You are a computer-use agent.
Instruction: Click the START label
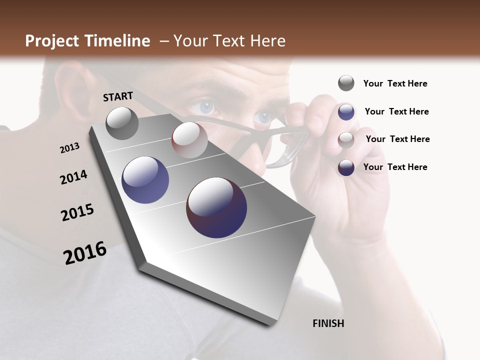[118, 96]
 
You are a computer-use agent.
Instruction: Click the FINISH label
[328, 323]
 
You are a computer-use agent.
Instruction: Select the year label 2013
[69, 147]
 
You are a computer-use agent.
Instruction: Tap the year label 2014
[73, 177]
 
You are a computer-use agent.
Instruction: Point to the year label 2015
[77, 212]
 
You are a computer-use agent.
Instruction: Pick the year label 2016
[85, 253]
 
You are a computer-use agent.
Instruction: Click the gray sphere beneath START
[122, 123]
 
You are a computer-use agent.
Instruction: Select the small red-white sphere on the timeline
[189, 140]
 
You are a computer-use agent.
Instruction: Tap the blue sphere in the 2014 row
[145, 180]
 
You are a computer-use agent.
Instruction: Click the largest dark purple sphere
[216, 207]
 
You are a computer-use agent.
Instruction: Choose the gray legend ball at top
[346, 83]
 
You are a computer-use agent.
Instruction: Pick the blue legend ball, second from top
[346, 111]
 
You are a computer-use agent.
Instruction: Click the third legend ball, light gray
[346, 139]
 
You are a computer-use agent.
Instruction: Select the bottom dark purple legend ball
[346, 167]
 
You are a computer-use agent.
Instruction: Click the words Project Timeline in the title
[87, 41]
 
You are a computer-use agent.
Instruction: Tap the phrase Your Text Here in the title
[229, 41]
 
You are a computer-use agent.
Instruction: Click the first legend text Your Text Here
[395, 83]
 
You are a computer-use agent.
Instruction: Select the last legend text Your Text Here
[395, 167]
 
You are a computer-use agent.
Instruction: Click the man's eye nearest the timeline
[204, 106]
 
